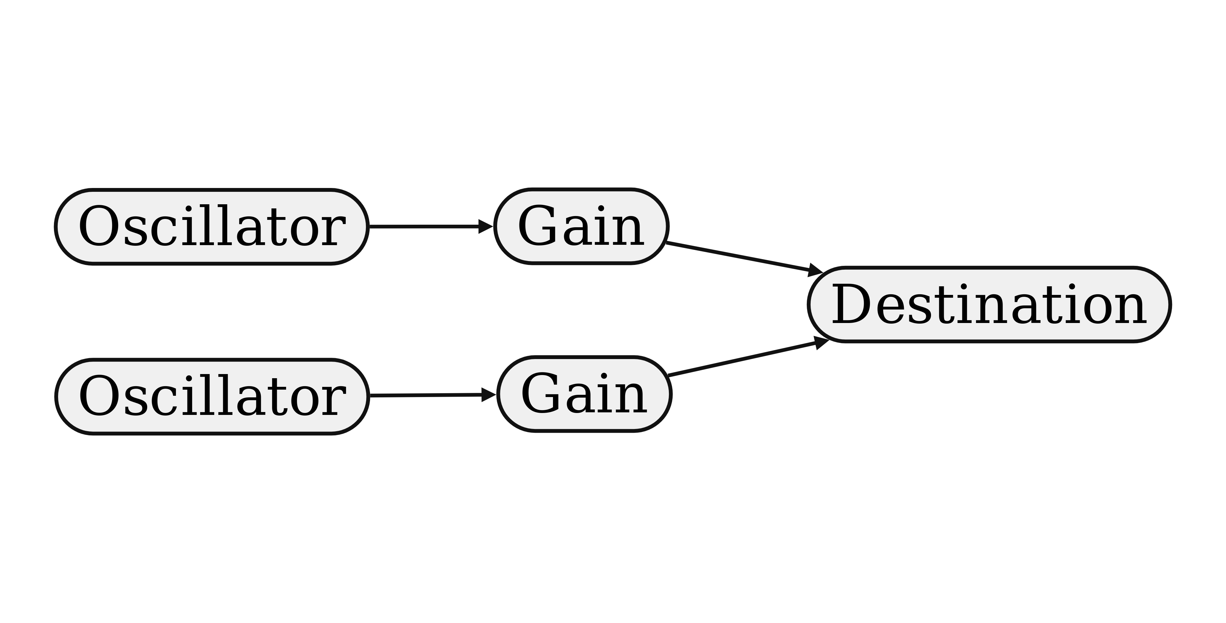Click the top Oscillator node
coord(212,227)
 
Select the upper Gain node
coord(581,227)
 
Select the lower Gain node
coord(584,394)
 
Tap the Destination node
coord(989,304)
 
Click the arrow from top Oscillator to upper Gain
coord(424,227)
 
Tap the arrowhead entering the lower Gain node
coord(489,394)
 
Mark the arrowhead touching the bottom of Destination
coord(821,342)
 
